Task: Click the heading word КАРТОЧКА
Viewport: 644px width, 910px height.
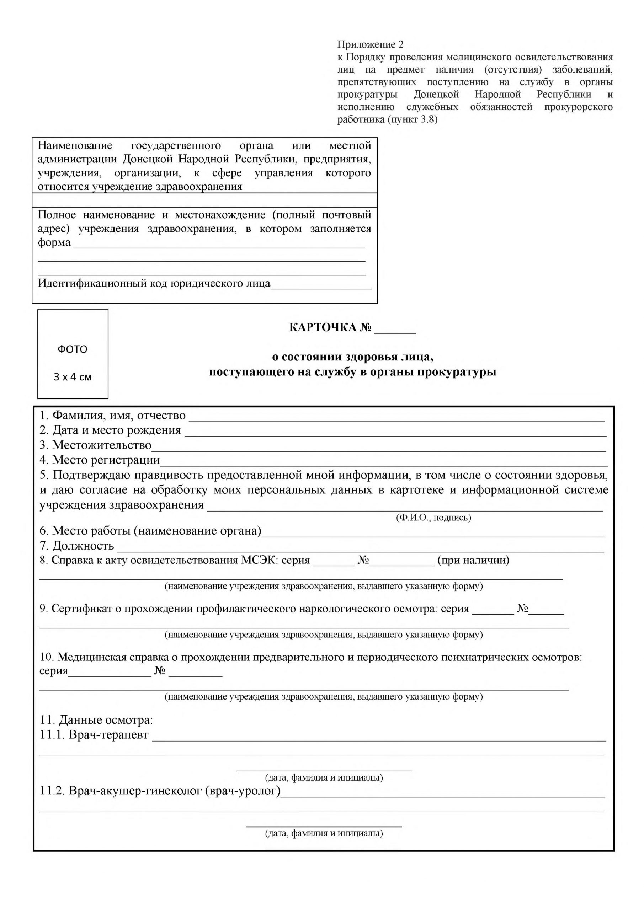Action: point(323,328)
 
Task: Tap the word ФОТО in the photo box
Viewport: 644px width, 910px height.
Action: point(73,349)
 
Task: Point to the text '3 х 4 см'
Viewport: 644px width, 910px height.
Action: point(73,377)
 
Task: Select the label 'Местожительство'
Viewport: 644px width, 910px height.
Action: point(101,445)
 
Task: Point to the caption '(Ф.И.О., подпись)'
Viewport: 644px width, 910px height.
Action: point(433,518)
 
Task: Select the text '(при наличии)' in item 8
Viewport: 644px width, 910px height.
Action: point(473,561)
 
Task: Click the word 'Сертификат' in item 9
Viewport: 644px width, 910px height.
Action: point(82,609)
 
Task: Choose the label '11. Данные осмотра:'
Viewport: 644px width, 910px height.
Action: point(96,720)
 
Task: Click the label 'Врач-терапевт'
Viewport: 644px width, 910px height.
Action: point(108,735)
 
